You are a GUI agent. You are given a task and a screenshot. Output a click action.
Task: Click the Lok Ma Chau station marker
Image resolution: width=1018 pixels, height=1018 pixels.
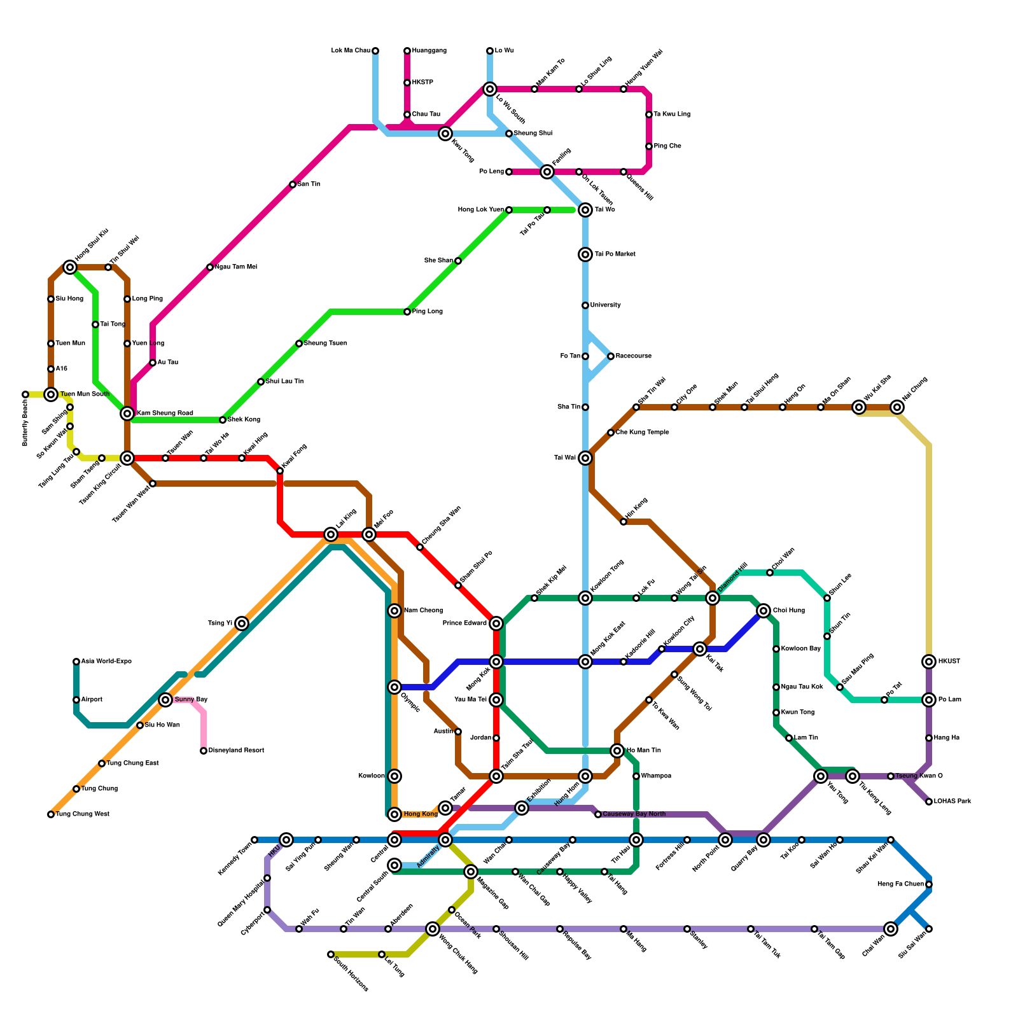[x=375, y=51]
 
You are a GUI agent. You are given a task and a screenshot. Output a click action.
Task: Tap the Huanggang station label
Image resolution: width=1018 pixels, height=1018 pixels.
[x=429, y=51]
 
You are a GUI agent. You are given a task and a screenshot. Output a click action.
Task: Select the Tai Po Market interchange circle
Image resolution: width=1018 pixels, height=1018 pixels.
[x=585, y=254]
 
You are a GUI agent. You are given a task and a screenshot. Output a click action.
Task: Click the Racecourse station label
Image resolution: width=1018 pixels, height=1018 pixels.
[x=633, y=356]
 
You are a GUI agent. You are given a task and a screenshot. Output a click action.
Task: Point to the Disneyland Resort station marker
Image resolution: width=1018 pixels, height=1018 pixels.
[x=204, y=751]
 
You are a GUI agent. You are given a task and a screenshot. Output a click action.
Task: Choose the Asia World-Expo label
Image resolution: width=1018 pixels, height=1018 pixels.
[x=106, y=662]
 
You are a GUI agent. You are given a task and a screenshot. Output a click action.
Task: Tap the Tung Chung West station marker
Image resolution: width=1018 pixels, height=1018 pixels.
[x=51, y=814]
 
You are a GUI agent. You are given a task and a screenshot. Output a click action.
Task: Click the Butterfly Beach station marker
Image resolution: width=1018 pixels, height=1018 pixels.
[x=25, y=394]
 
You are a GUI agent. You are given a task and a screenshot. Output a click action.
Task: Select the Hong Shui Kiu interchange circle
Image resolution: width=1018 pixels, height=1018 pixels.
[x=70, y=267]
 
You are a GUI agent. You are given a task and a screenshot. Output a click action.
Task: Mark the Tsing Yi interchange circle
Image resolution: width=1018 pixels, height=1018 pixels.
[x=242, y=624]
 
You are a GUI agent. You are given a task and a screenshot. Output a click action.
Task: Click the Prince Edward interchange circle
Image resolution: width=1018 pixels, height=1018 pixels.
[x=496, y=624]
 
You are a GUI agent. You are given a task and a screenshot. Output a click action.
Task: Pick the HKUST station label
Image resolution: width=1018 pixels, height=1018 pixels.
[x=949, y=662]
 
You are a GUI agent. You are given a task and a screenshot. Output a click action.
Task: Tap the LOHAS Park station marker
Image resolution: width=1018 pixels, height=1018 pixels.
[x=929, y=802]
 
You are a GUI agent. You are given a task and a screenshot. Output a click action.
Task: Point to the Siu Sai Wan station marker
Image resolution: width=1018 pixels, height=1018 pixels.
[x=929, y=929]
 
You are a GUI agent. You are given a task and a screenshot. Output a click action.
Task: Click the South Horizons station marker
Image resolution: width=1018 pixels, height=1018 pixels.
[x=331, y=954]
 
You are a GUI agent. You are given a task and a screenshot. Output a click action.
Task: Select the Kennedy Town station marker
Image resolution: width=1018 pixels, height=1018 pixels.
[x=254, y=840]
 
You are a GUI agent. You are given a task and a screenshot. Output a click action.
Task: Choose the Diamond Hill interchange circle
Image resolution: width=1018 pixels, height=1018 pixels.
[x=713, y=598]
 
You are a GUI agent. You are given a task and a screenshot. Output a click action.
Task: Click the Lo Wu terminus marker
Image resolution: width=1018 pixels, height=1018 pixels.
[x=490, y=51]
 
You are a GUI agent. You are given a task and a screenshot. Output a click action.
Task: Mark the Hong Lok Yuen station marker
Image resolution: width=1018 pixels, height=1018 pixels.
[x=509, y=210]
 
